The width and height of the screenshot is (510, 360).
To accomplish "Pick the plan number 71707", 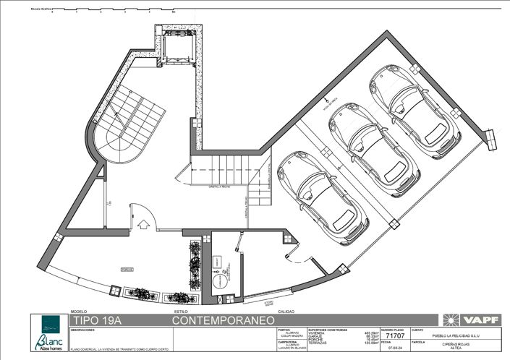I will coord(396,336).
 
